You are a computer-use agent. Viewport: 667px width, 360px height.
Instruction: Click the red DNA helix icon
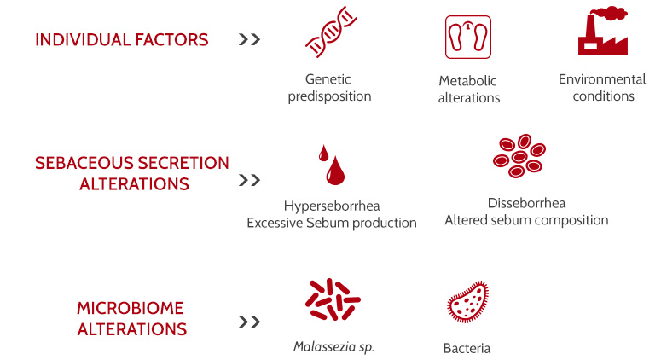point(332,32)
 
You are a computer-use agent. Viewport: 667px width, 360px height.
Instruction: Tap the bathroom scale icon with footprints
point(468,37)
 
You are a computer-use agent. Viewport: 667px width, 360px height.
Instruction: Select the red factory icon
point(603,31)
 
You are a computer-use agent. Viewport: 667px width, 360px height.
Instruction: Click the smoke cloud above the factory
point(611,13)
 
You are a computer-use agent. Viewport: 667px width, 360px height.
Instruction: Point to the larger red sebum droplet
point(335,171)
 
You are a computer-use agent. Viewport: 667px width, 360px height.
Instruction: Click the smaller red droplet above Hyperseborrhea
point(324,154)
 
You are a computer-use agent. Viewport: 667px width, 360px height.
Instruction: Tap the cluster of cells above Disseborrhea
point(519,156)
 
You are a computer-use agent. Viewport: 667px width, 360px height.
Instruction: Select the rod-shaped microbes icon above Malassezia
point(333,299)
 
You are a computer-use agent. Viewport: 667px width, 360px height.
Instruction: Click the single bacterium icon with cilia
point(468,302)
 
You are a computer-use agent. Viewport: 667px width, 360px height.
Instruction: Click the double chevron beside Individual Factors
point(249,39)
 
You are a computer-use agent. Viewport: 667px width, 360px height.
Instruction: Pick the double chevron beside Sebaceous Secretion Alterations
point(249,180)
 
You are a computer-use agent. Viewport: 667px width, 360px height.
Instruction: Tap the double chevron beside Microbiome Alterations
point(249,322)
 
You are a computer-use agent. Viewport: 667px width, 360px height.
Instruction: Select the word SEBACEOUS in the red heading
point(84,163)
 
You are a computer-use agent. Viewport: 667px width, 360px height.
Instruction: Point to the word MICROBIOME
point(130,308)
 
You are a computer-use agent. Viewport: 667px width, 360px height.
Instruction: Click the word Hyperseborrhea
point(332,206)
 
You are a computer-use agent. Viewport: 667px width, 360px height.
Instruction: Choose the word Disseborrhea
point(526,203)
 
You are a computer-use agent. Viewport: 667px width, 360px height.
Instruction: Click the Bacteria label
point(467,349)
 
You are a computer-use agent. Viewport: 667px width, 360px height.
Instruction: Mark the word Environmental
point(602,79)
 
